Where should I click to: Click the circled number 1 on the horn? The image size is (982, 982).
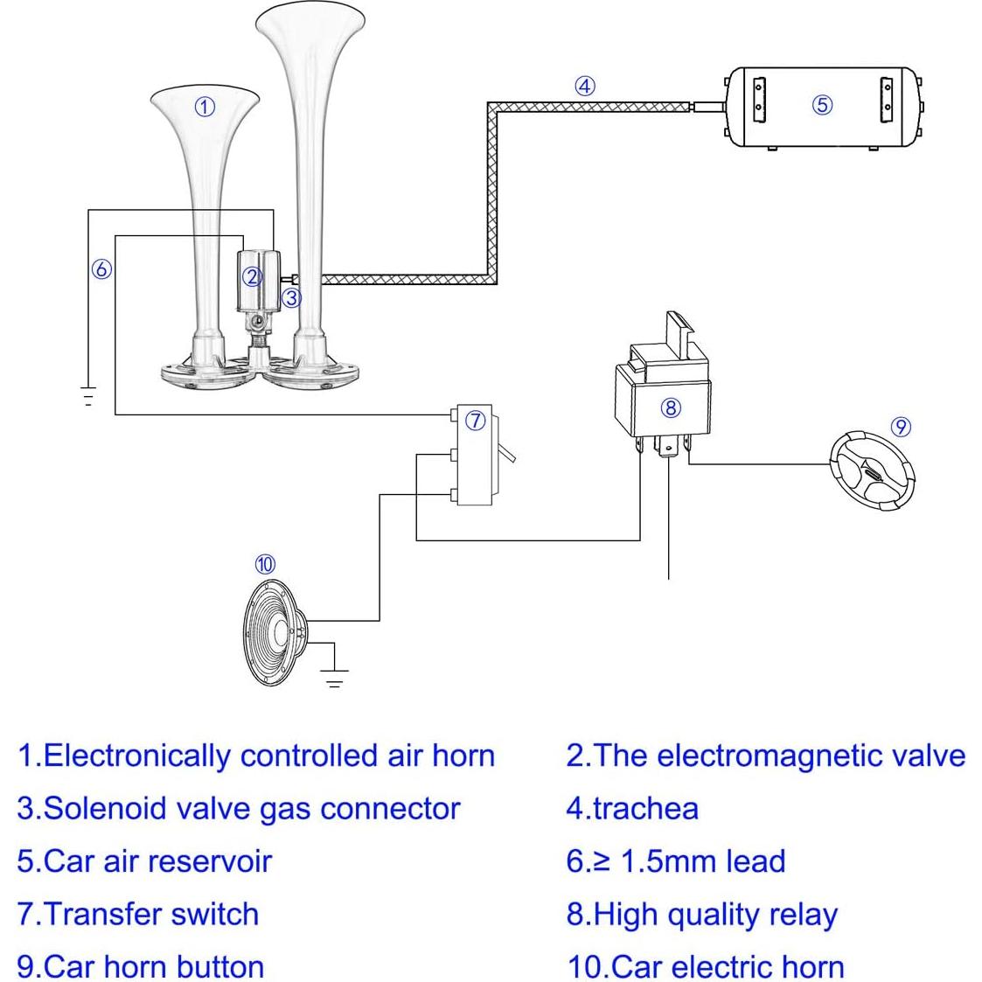click(204, 107)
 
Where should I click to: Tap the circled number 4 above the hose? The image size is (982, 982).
click(584, 86)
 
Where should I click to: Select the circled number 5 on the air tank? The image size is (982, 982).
click(822, 105)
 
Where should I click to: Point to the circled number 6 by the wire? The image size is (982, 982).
click(101, 268)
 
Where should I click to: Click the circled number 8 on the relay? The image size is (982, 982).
click(671, 407)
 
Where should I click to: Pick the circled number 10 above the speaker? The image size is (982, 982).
click(265, 565)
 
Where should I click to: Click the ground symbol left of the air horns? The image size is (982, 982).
click(87, 397)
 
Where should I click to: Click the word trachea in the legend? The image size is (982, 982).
click(645, 809)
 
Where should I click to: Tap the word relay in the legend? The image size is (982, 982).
click(803, 915)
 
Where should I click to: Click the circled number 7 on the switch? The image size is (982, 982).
click(475, 421)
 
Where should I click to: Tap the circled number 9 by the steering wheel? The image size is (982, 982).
click(901, 427)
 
